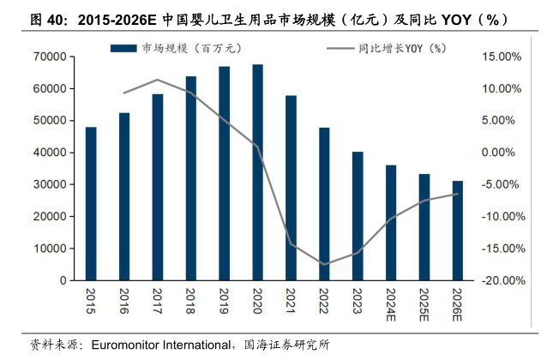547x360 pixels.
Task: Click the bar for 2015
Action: click(91, 204)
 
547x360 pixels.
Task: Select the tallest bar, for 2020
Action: click(257, 172)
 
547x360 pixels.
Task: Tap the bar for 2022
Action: click(324, 204)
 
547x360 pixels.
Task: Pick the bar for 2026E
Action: click(458, 231)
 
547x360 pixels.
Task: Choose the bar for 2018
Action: click(190, 178)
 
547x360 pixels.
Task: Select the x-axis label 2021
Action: click(291, 299)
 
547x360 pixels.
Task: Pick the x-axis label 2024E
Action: click(391, 303)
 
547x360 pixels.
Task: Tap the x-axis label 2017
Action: click(158, 299)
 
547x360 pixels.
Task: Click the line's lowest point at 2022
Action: click(324, 264)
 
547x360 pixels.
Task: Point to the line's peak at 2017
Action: click(158, 80)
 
